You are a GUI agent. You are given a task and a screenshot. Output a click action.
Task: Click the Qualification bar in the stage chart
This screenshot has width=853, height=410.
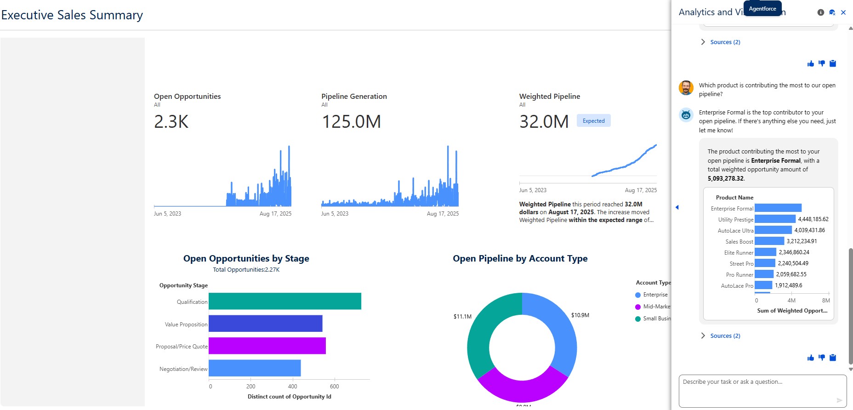(284, 301)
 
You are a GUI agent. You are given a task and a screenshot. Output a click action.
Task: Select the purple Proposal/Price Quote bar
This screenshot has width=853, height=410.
(267, 346)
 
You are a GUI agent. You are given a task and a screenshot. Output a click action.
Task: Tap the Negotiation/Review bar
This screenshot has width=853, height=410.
(255, 368)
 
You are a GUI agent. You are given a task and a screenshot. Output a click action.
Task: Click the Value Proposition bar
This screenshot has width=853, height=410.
(265, 323)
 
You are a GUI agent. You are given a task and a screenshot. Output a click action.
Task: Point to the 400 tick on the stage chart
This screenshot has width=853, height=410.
(292, 386)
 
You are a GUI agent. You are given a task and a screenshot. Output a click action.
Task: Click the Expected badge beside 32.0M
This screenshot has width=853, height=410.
(593, 121)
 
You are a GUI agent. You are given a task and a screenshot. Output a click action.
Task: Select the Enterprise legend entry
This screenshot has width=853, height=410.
(655, 295)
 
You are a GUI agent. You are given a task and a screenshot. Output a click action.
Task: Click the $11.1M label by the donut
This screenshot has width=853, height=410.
(462, 316)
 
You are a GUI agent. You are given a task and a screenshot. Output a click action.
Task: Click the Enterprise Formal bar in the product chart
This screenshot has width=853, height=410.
(778, 208)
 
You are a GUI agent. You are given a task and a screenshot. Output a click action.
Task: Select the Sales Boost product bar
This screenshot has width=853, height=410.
(769, 241)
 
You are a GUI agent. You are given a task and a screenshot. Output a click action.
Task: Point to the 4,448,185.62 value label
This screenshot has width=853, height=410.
(813, 219)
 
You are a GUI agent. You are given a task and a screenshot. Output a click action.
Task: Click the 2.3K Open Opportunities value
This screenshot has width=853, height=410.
(171, 122)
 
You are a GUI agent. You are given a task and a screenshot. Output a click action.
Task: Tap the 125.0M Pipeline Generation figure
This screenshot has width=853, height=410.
(351, 122)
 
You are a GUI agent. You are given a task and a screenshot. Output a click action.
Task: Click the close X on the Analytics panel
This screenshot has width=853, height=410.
(843, 12)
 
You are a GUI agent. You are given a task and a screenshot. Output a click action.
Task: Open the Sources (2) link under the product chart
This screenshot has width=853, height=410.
(725, 336)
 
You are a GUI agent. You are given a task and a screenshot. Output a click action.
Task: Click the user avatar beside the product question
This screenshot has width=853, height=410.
(686, 88)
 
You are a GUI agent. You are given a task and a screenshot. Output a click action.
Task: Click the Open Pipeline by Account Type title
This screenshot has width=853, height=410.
(520, 258)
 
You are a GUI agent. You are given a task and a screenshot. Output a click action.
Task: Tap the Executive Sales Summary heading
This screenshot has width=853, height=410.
(72, 15)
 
